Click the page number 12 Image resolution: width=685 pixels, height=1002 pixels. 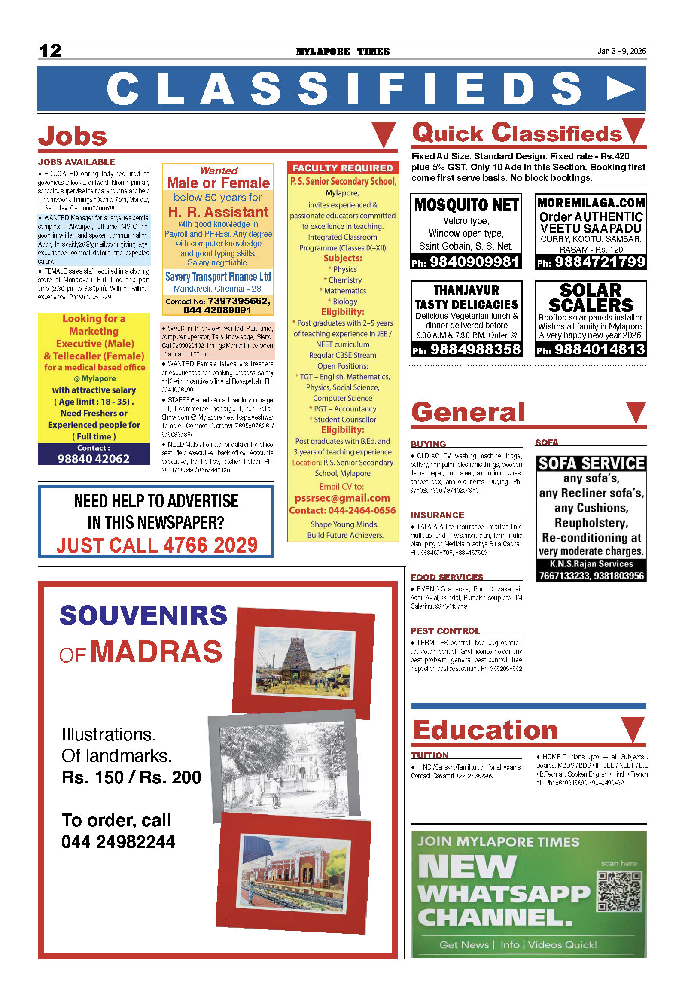(x=50, y=51)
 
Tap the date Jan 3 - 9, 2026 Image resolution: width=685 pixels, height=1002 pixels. (x=621, y=51)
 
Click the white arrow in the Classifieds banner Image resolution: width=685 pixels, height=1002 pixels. (x=620, y=89)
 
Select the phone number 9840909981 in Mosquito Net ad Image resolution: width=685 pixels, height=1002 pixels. (x=474, y=262)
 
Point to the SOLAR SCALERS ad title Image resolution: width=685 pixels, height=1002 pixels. (x=591, y=298)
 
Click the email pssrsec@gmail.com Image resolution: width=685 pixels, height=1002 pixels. (x=342, y=498)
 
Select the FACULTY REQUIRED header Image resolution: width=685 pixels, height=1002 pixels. (x=343, y=168)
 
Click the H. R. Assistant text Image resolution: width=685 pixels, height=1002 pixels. (x=218, y=212)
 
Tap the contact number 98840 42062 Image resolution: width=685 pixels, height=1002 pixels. (x=94, y=459)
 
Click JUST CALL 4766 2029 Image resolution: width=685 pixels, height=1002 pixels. (x=157, y=545)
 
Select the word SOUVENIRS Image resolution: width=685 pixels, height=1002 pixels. (x=143, y=615)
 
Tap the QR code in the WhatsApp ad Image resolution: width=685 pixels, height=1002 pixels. (x=619, y=891)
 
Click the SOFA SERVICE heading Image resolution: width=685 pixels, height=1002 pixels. (x=591, y=464)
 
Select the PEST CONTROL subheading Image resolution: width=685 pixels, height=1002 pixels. (x=445, y=631)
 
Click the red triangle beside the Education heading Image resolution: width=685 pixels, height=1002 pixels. (x=633, y=729)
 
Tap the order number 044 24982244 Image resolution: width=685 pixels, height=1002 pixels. (x=118, y=842)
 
